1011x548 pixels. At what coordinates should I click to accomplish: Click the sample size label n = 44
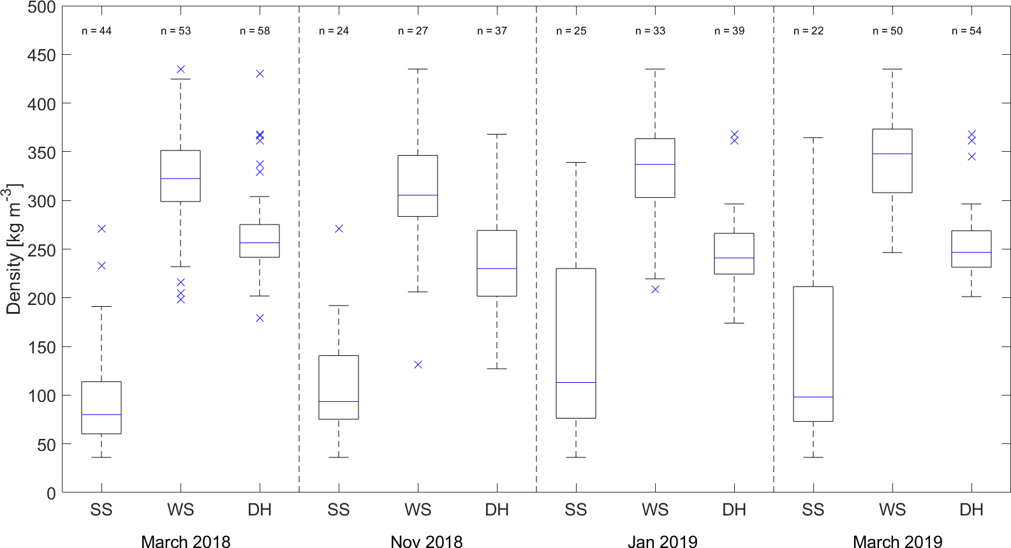click(x=96, y=31)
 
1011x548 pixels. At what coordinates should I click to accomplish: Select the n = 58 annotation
click(x=255, y=31)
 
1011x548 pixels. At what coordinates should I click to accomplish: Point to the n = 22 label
click(x=808, y=31)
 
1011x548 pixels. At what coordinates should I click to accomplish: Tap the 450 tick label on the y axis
click(x=41, y=56)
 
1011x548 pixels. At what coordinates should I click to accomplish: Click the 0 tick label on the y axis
click(x=51, y=493)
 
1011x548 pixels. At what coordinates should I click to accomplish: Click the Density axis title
click(x=14, y=249)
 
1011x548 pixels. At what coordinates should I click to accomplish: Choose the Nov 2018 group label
click(x=426, y=542)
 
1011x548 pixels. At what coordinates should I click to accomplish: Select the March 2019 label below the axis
click(x=897, y=542)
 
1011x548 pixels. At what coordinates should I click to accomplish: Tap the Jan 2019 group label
click(x=662, y=542)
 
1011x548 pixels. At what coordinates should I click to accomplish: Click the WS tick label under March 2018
click(x=181, y=510)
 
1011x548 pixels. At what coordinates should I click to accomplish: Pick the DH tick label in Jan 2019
click(x=734, y=510)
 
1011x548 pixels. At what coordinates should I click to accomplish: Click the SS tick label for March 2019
click(x=813, y=510)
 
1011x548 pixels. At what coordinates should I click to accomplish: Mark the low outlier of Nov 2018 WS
click(x=418, y=364)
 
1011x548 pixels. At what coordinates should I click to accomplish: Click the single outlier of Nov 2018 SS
click(x=339, y=228)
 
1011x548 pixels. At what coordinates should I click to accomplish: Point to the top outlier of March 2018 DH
click(x=260, y=73)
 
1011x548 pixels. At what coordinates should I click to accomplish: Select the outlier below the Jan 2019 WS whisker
click(x=655, y=289)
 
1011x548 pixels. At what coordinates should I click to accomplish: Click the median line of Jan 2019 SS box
click(x=576, y=382)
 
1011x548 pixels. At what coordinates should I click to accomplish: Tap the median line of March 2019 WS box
click(x=892, y=154)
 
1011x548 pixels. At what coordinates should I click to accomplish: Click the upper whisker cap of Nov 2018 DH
click(x=497, y=135)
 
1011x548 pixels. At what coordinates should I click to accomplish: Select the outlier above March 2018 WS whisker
click(x=181, y=69)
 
